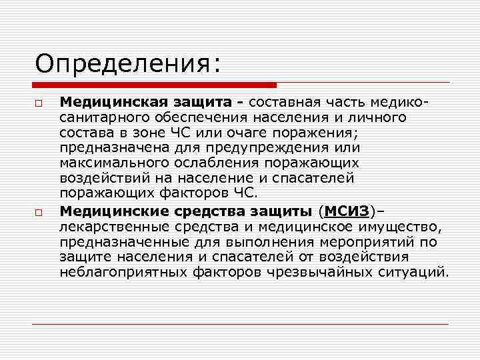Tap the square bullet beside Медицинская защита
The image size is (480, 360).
point(39,105)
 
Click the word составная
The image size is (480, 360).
point(285,103)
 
